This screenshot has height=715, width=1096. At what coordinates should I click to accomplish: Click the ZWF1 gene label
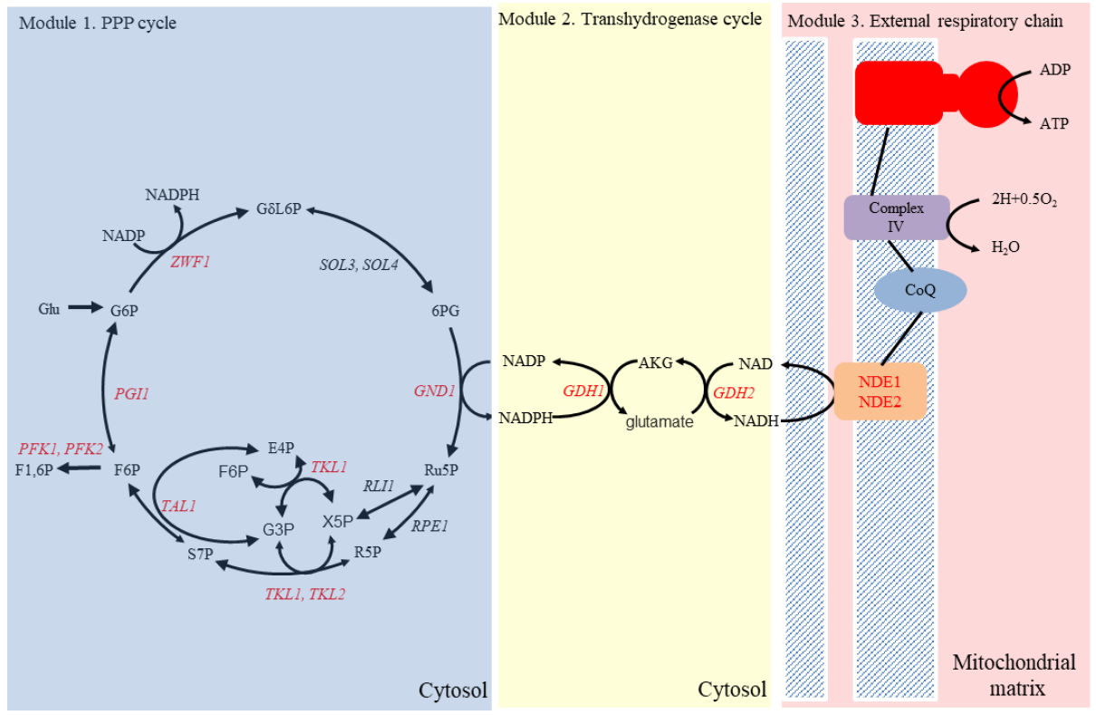[190, 263]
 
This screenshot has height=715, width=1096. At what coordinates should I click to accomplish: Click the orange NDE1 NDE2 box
[880, 391]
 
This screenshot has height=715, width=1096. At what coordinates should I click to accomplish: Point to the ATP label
[1054, 123]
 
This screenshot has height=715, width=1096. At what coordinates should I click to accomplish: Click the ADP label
[1054, 69]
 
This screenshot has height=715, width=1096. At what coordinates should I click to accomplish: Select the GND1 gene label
[434, 391]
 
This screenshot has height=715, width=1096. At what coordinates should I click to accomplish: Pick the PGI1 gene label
[131, 394]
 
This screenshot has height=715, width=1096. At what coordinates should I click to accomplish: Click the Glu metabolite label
[49, 309]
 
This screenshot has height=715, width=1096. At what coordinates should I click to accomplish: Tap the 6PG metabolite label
[446, 310]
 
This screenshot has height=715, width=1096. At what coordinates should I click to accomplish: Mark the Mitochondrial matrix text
[1014, 675]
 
